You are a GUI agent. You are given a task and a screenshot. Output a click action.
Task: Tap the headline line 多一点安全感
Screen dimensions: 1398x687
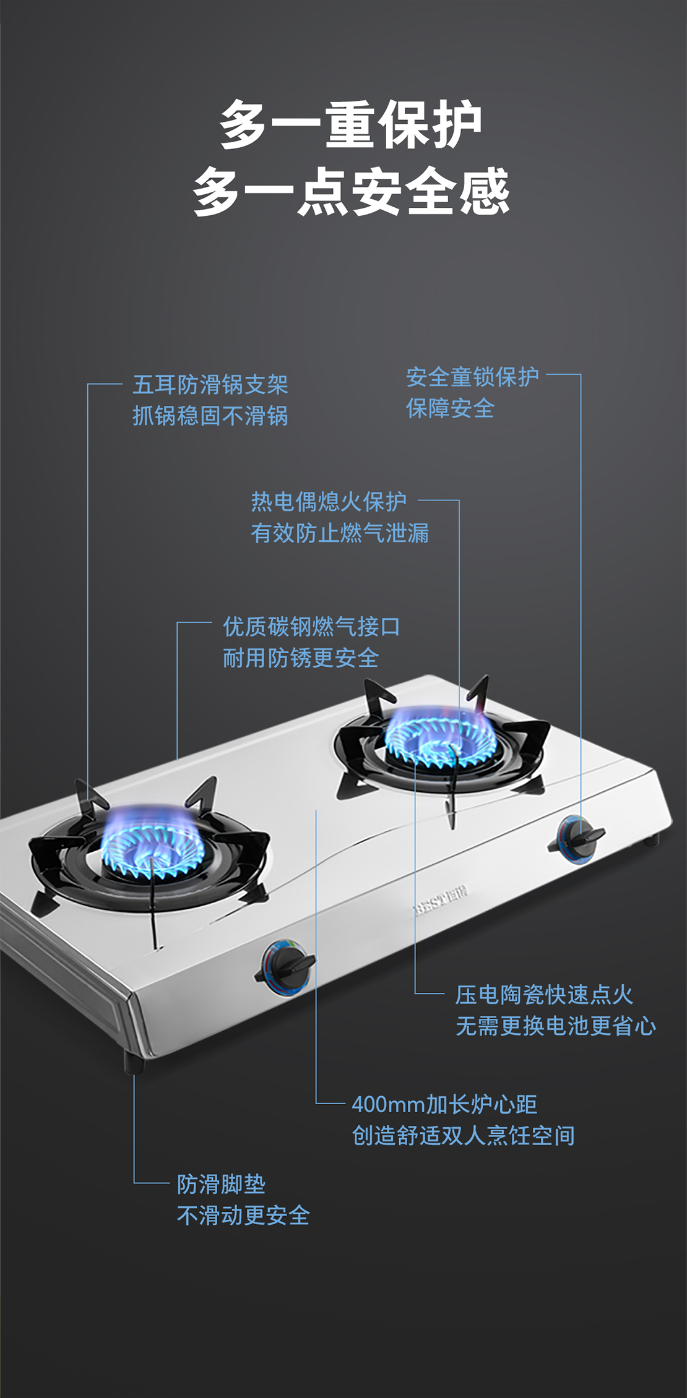click(x=350, y=191)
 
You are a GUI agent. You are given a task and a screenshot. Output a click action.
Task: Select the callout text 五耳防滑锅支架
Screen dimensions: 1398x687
click(x=210, y=385)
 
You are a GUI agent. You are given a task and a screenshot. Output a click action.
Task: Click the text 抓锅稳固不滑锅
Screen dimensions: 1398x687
click(x=210, y=416)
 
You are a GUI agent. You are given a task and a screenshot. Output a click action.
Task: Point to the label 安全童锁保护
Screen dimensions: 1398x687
click(x=472, y=377)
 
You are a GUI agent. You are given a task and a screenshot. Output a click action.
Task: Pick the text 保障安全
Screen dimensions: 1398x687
click(x=450, y=408)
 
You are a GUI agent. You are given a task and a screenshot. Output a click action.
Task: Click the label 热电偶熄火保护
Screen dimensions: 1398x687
click(x=329, y=502)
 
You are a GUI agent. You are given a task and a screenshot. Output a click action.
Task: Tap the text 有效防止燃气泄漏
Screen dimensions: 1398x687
click(x=340, y=533)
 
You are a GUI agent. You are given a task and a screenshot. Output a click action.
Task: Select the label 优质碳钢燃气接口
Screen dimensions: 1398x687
click(x=311, y=627)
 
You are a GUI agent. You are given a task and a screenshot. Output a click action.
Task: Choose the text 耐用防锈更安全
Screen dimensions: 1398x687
click(x=301, y=658)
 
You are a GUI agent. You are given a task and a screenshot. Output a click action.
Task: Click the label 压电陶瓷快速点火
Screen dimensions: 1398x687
click(x=544, y=995)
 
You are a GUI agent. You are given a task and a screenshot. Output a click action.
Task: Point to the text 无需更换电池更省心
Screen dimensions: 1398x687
click(x=556, y=1026)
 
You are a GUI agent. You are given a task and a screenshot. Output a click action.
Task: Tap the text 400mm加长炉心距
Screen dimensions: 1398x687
click(x=444, y=1104)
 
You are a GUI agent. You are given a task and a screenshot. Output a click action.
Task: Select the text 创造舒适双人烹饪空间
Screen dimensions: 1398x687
click(x=464, y=1135)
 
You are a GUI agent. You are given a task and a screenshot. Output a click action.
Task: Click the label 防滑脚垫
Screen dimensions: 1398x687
click(x=222, y=1184)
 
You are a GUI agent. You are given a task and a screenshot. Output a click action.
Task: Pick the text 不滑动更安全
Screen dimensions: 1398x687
click(x=243, y=1215)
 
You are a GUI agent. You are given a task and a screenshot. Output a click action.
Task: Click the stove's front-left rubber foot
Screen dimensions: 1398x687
click(x=134, y=1063)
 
